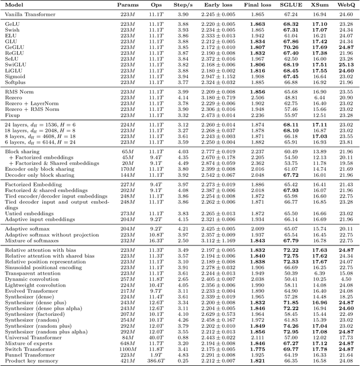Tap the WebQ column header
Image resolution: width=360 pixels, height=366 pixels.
[x=346, y=4]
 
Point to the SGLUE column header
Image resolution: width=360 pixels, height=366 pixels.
[x=290, y=4]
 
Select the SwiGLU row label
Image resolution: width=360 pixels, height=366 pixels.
[x=15, y=64]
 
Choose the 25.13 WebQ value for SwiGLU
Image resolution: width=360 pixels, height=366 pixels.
[x=346, y=64]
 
